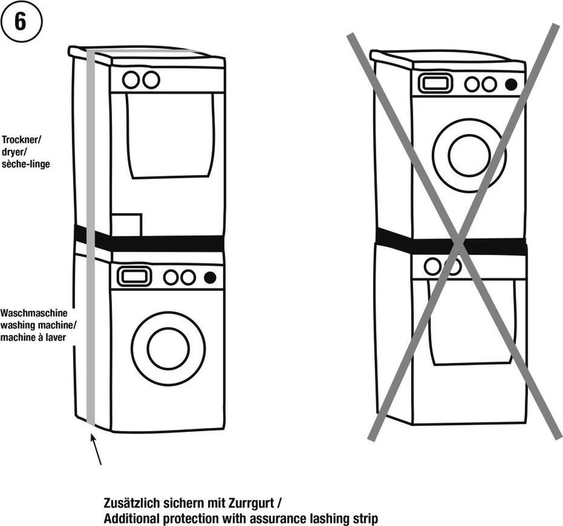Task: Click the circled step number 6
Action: pyautogui.click(x=21, y=22)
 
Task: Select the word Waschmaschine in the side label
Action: pyautogui.click(x=34, y=313)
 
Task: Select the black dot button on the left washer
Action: pyautogui.click(x=210, y=278)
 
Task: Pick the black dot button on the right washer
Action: pyautogui.click(x=511, y=84)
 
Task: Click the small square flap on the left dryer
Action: pyautogui.click(x=127, y=225)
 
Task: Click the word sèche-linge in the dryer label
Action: pyautogui.click(x=25, y=164)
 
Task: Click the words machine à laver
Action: pyautogui.click(x=33, y=338)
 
